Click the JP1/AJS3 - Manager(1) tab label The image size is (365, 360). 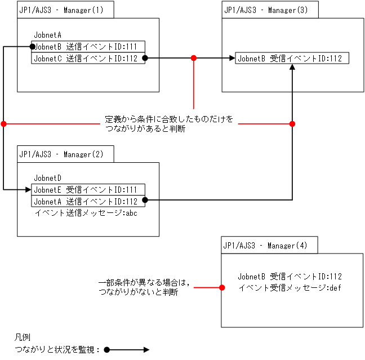(65, 10)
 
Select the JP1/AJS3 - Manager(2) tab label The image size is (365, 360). (65, 154)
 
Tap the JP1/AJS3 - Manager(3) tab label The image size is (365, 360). (269, 10)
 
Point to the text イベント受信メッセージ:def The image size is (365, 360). (290, 287)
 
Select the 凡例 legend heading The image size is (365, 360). (22, 337)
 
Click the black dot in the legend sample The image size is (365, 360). (107, 350)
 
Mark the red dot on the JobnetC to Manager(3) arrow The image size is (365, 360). (194, 58)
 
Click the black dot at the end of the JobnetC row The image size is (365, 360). (145, 58)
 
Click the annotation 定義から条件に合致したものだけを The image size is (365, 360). (169, 119)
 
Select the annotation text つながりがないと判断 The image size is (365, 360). (139, 292)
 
